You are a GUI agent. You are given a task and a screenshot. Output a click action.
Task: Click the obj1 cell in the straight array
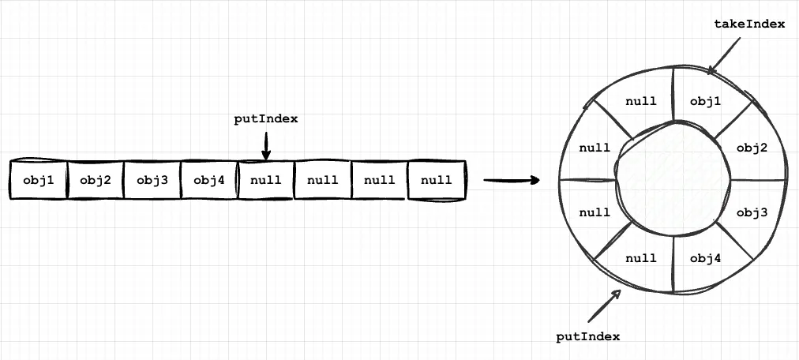(x=38, y=180)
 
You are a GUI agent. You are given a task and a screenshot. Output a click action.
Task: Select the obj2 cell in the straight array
(x=96, y=180)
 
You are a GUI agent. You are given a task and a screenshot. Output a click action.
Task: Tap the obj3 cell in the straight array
(x=152, y=180)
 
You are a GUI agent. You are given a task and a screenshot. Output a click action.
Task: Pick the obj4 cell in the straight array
(x=209, y=180)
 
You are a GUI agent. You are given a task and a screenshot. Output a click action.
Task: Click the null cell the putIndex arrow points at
(x=266, y=180)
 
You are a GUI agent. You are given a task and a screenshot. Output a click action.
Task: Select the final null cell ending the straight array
(x=437, y=180)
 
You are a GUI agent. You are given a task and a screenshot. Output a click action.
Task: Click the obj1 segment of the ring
(x=706, y=101)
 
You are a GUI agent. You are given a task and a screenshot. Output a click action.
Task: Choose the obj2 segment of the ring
(x=752, y=148)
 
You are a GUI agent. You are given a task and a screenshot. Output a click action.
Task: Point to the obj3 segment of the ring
(x=752, y=212)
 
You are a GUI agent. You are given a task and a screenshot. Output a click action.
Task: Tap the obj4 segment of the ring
(x=706, y=257)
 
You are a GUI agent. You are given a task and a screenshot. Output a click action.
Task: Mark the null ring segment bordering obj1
(x=641, y=101)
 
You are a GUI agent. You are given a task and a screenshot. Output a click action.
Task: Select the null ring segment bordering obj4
(x=641, y=257)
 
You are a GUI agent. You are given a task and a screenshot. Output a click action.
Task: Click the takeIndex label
(x=748, y=24)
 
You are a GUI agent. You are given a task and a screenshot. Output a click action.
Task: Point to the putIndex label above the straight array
(x=266, y=119)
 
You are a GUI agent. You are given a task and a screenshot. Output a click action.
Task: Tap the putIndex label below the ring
(x=588, y=336)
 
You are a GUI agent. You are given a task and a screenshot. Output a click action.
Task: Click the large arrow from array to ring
(x=511, y=181)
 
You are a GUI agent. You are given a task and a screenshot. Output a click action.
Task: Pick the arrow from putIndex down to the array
(x=266, y=144)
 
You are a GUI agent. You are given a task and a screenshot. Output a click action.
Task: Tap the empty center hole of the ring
(x=673, y=180)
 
